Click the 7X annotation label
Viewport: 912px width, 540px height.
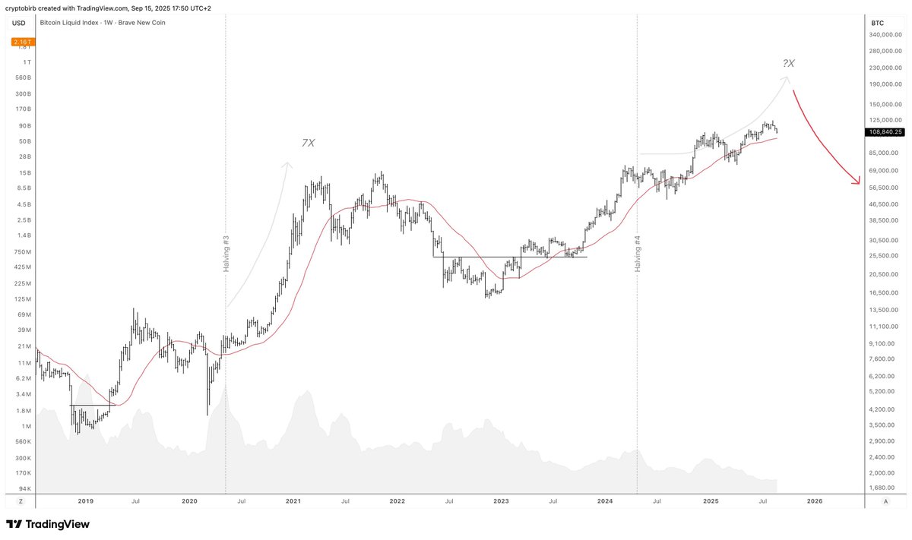[x=308, y=143]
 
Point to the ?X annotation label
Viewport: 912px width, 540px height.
[x=788, y=64]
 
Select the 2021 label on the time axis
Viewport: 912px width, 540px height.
[x=293, y=501]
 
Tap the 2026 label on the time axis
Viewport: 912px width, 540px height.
[x=814, y=501]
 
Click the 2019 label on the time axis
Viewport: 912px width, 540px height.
[x=85, y=501]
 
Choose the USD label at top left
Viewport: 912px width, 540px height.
[x=19, y=23]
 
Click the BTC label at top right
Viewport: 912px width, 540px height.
[x=877, y=23]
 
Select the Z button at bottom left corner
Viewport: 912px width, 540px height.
[x=21, y=502]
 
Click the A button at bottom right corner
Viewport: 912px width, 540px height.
[x=886, y=502]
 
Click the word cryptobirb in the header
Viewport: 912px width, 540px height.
[x=23, y=7]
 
